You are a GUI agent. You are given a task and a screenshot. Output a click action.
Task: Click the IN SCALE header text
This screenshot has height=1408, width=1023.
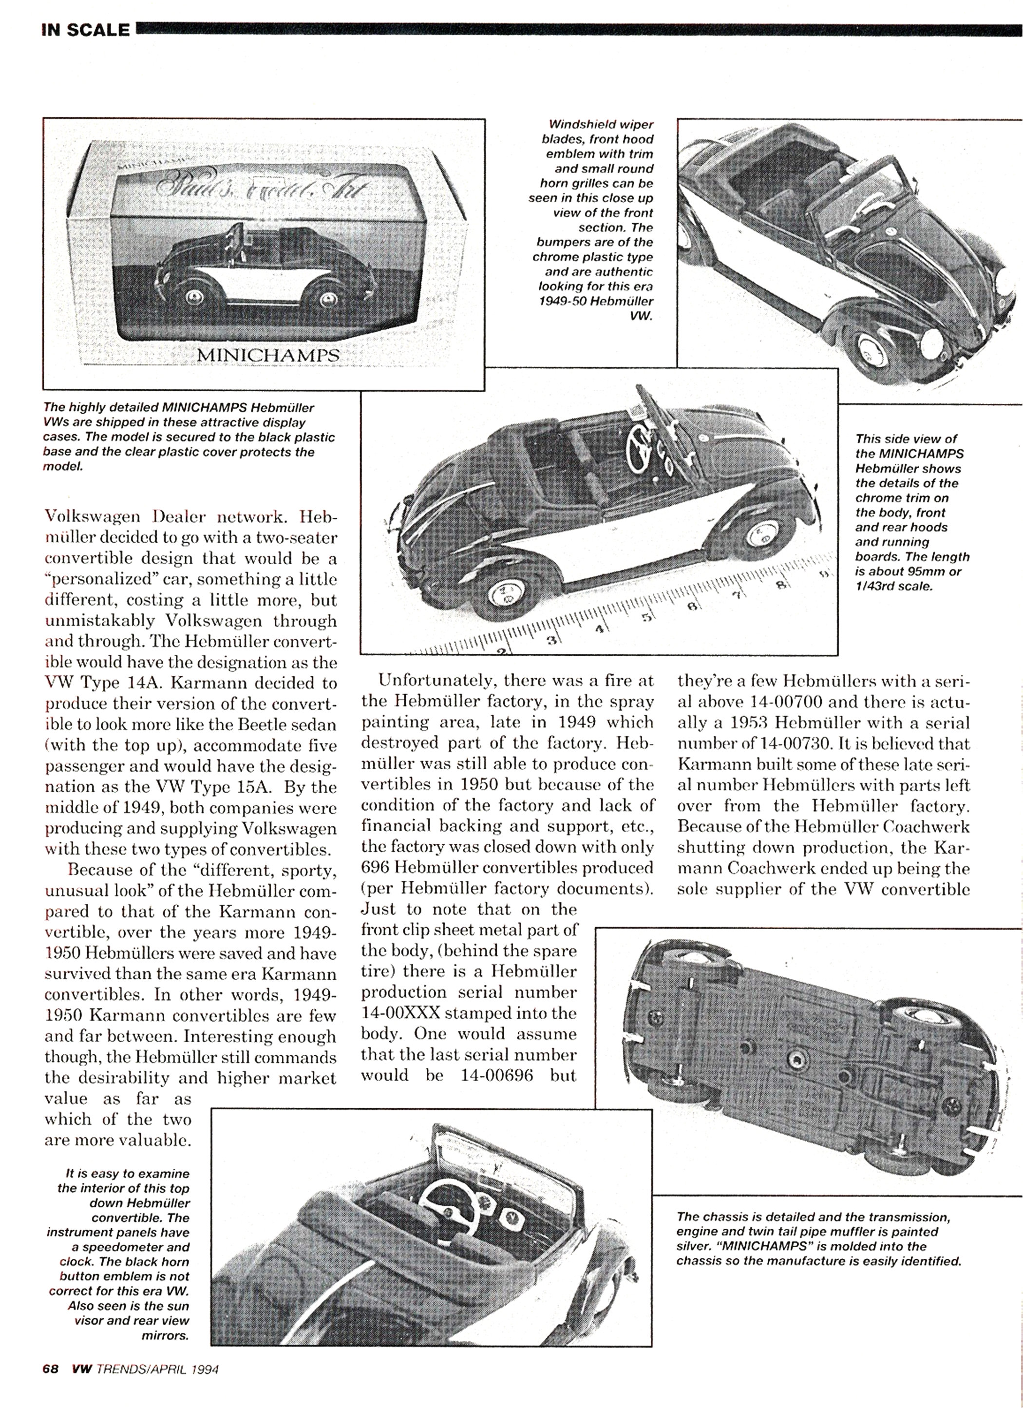point(86,30)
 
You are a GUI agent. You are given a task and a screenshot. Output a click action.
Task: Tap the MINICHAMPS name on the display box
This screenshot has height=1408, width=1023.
point(268,355)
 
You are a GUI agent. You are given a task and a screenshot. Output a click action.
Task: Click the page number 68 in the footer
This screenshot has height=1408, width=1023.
point(50,1381)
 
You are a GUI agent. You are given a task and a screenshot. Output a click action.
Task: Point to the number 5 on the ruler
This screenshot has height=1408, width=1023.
point(647,618)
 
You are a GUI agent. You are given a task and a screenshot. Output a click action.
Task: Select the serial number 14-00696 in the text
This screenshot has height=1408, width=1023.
point(496,1075)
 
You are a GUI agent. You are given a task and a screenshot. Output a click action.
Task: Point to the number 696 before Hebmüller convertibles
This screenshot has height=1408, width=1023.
point(375,867)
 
